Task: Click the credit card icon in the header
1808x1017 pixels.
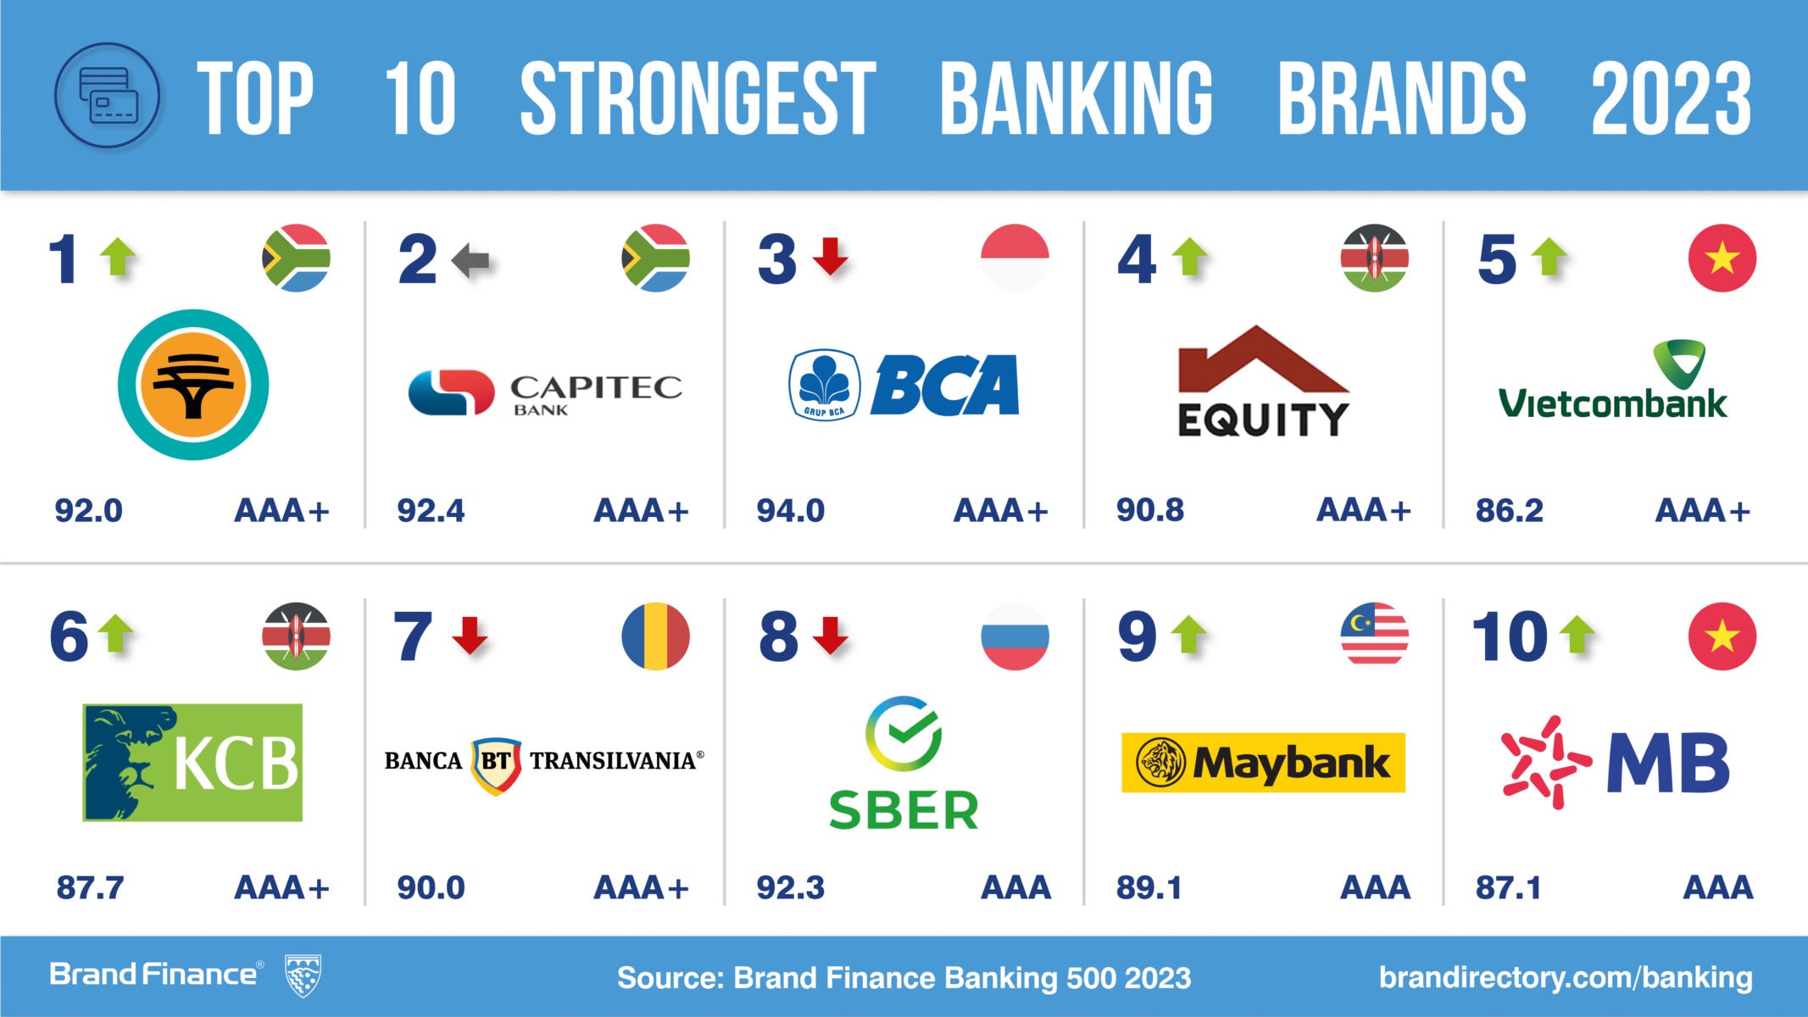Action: [x=107, y=96]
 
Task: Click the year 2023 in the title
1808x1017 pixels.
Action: [x=1671, y=98]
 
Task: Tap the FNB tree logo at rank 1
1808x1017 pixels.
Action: [x=193, y=385]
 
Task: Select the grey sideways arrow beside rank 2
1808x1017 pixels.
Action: [x=471, y=259]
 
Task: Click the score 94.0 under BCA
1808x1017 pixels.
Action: [x=790, y=511]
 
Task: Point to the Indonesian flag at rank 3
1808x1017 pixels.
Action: [x=1015, y=258]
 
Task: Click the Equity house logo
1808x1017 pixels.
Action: [x=1263, y=381]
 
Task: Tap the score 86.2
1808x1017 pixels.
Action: [x=1509, y=511]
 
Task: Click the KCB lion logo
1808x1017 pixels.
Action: [x=192, y=762]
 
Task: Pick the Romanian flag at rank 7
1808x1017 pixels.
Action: [x=655, y=636]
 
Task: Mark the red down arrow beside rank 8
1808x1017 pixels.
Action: [x=831, y=636]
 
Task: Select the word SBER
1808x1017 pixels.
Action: [x=904, y=810]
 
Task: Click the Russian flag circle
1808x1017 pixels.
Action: [x=1015, y=636]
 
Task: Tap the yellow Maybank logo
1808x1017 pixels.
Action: [x=1263, y=763]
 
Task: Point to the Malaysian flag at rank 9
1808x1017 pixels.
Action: [x=1374, y=636]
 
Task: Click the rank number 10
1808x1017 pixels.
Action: [x=1510, y=636]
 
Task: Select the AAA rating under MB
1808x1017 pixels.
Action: [x=1717, y=887]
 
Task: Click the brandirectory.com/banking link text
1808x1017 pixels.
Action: [x=1566, y=977]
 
